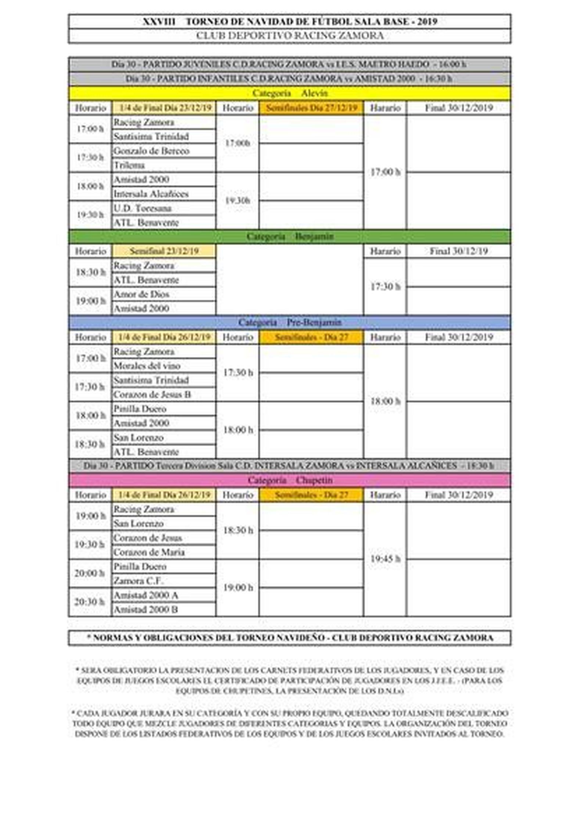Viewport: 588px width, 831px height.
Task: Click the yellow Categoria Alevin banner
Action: (x=289, y=93)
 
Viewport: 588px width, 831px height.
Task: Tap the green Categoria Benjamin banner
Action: (x=289, y=237)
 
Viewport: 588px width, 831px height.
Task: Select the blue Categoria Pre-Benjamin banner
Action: (x=289, y=323)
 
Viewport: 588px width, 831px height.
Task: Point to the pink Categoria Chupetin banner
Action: (x=289, y=480)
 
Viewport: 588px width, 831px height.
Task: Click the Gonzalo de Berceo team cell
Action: (x=163, y=151)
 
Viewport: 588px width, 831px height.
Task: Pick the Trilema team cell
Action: (x=163, y=165)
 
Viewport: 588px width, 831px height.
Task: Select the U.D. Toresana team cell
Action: (x=163, y=208)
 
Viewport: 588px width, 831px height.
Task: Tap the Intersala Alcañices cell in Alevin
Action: (x=163, y=194)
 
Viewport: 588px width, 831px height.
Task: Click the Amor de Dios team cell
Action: (x=163, y=294)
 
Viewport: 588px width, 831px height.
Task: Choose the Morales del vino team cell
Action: (x=163, y=366)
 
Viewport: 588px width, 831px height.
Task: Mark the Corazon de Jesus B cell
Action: (x=163, y=395)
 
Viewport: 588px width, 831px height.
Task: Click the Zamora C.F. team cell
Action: (x=163, y=581)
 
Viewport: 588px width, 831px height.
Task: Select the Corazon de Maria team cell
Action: (x=163, y=552)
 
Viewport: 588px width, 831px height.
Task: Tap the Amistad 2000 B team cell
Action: (x=163, y=610)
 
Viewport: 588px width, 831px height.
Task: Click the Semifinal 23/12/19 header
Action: (x=164, y=251)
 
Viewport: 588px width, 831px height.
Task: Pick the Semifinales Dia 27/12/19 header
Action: (x=311, y=108)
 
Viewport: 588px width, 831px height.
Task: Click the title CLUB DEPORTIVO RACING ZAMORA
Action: (x=289, y=36)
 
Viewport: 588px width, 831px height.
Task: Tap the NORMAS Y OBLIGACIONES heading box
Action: (x=289, y=638)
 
